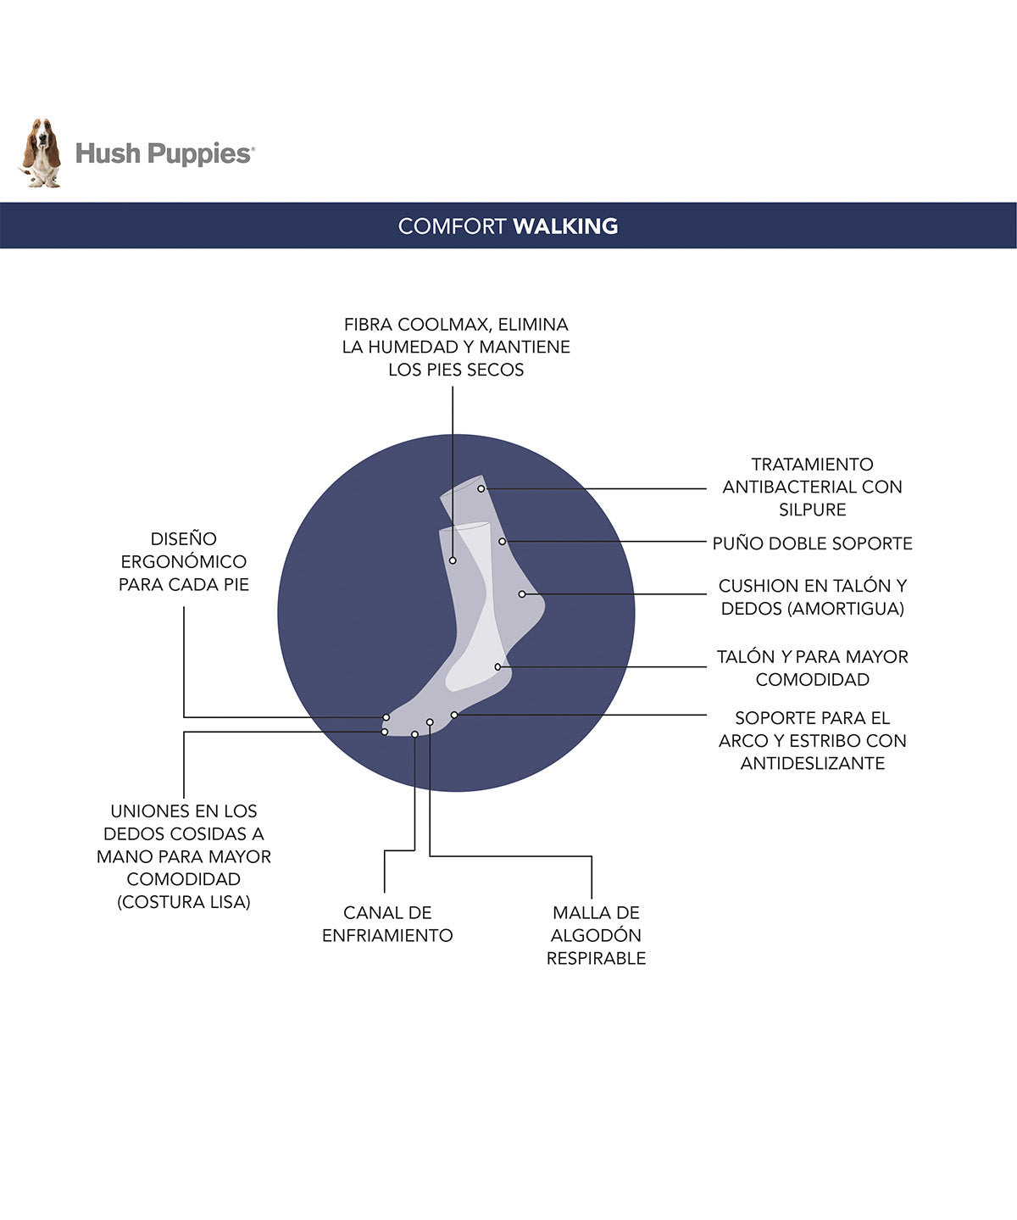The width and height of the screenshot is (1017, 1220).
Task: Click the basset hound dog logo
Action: point(42,153)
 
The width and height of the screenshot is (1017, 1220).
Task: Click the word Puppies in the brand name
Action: point(200,154)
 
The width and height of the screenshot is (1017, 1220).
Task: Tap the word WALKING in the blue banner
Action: point(565,226)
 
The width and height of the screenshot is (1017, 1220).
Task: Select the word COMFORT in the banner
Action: point(452,226)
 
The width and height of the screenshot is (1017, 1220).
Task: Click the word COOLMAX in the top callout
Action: point(445,324)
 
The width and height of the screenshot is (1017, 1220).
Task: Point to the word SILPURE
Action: point(813,510)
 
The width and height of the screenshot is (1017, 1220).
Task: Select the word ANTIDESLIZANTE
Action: point(813,763)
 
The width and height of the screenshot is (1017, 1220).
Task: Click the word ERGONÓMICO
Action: point(184,561)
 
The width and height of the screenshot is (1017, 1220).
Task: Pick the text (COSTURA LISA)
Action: point(184,901)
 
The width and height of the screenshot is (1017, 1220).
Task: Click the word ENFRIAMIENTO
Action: point(387,935)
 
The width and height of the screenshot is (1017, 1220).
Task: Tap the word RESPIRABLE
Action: point(597,958)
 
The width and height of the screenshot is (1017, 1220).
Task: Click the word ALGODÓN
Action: point(597,935)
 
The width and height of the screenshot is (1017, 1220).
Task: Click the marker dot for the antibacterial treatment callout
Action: point(481,488)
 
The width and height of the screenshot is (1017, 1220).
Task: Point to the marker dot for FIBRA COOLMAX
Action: point(453,560)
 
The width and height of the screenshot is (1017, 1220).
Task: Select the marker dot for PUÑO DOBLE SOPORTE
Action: point(503,542)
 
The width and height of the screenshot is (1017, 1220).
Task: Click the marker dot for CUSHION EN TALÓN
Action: point(522,594)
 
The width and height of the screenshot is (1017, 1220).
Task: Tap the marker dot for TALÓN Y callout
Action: point(497,666)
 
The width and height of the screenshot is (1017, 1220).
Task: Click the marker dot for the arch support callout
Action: point(454,715)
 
